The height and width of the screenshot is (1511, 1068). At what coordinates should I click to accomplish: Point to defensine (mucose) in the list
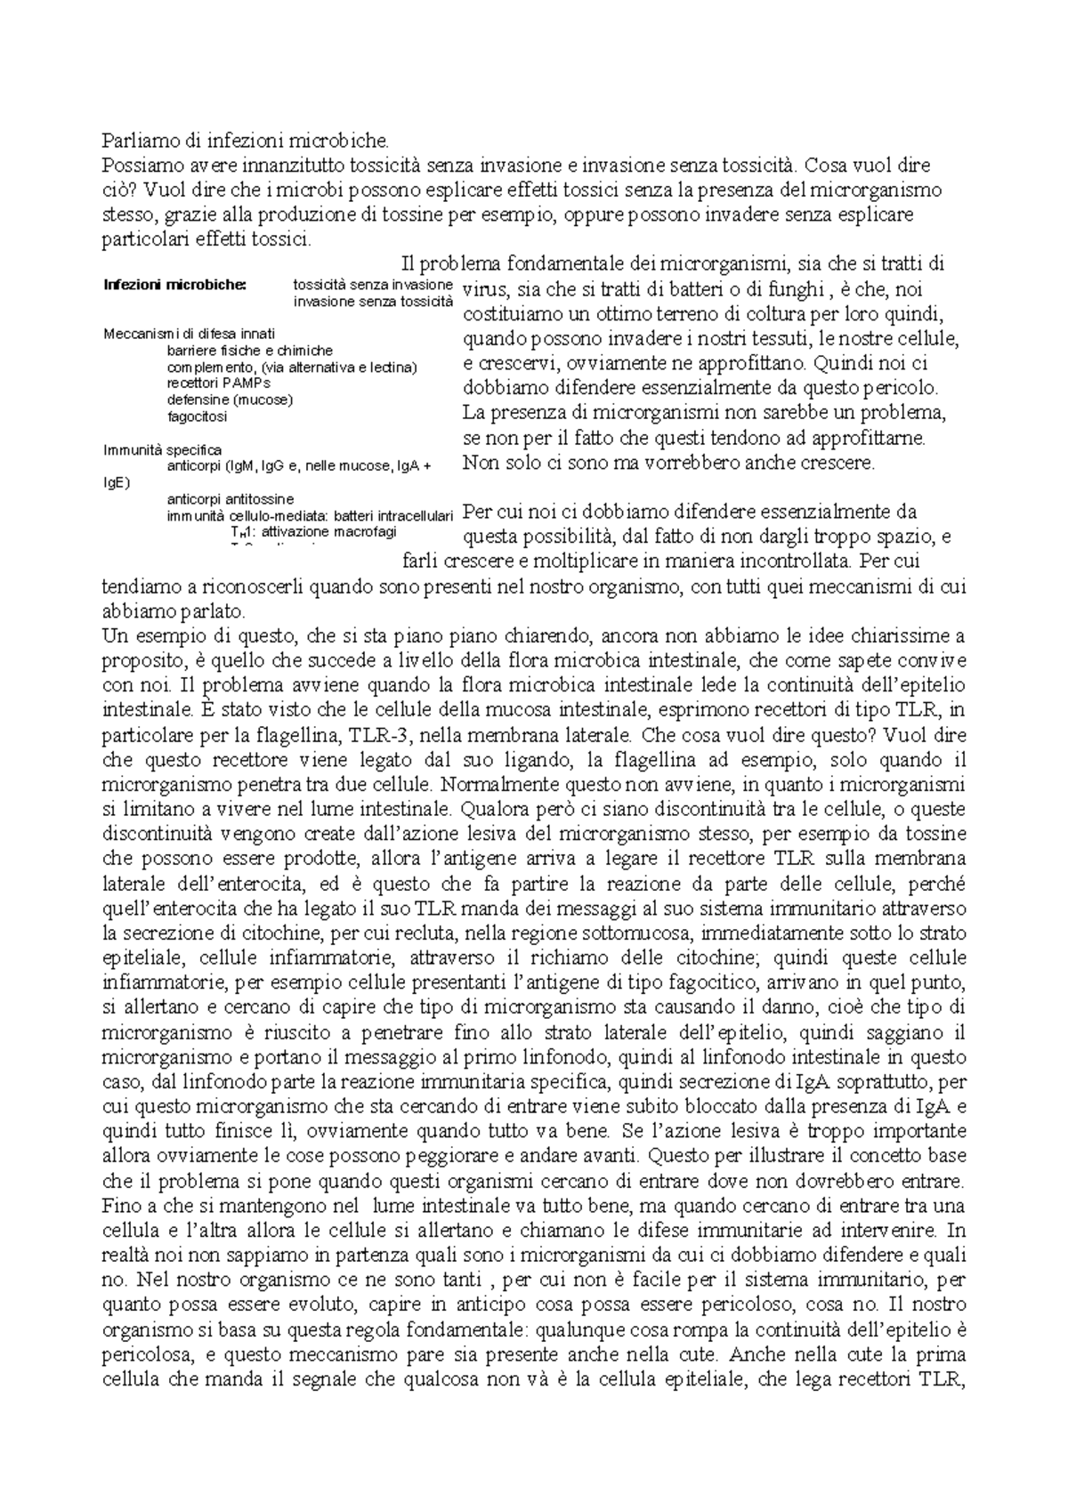pos(230,399)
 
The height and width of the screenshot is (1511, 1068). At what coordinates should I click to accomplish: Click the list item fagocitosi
pos(198,416)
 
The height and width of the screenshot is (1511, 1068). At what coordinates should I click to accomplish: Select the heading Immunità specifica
pos(162,449)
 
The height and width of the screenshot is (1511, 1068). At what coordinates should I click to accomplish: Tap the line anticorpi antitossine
pos(231,498)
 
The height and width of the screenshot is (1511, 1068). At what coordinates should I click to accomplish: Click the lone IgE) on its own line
pos(117,482)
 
